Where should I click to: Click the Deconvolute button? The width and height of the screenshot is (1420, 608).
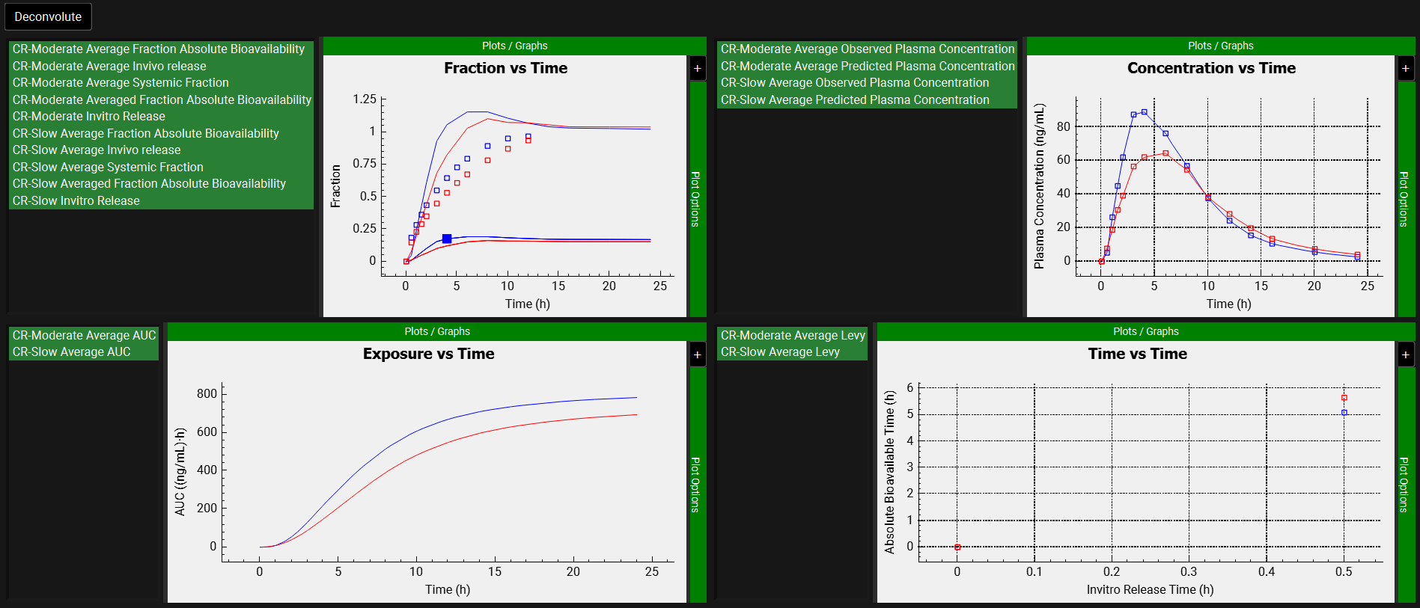pyautogui.click(x=48, y=16)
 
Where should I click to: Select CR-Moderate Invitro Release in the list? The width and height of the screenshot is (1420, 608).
pyautogui.click(x=89, y=117)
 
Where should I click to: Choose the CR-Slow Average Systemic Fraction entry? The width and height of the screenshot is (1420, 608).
pyautogui.click(x=108, y=167)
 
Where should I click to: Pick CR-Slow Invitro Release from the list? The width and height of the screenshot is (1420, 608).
pyautogui.click(x=76, y=200)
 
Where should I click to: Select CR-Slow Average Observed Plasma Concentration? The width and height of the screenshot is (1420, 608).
pyautogui.click(x=854, y=83)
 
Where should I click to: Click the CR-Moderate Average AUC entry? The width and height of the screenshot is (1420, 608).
pyautogui.click(x=84, y=335)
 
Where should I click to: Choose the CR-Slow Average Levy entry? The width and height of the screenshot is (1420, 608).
pyautogui.click(x=780, y=351)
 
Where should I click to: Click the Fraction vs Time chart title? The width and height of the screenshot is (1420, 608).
pyautogui.click(x=505, y=68)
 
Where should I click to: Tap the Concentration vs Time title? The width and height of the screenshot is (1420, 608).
pyautogui.click(x=1211, y=68)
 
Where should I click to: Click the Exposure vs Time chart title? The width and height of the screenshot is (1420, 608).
pyautogui.click(x=428, y=354)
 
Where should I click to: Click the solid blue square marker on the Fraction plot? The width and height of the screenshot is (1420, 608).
pyautogui.click(x=447, y=239)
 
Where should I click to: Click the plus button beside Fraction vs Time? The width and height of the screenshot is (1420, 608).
pyautogui.click(x=697, y=69)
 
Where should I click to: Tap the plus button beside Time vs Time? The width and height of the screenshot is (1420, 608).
pyautogui.click(x=1405, y=354)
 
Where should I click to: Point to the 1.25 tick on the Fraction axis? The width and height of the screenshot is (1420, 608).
pyautogui.click(x=365, y=99)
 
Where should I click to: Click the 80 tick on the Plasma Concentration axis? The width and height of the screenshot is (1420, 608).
pyautogui.click(x=1063, y=126)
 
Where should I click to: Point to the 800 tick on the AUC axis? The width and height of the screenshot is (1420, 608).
pyautogui.click(x=207, y=393)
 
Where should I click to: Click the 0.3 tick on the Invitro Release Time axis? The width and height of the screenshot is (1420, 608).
pyautogui.click(x=1189, y=571)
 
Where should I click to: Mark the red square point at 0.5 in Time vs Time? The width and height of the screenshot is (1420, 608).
pyautogui.click(x=1344, y=398)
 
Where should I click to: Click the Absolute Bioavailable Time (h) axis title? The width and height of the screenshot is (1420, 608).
pyautogui.click(x=889, y=472)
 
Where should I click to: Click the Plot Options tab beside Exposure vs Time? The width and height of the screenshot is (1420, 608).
pyautogui.click(x=695, y=485)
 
